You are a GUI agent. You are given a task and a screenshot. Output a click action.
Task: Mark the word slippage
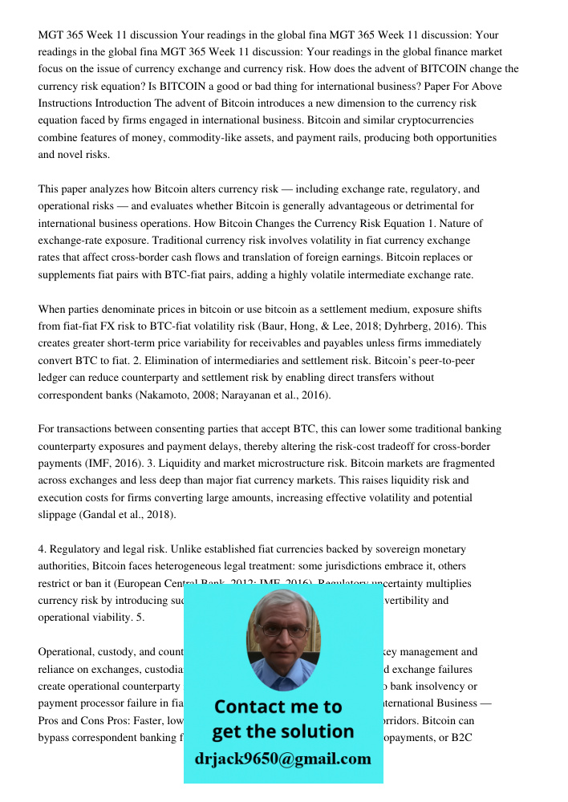[60, 515]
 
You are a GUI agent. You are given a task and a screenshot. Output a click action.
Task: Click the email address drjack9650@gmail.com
[283, 759]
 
